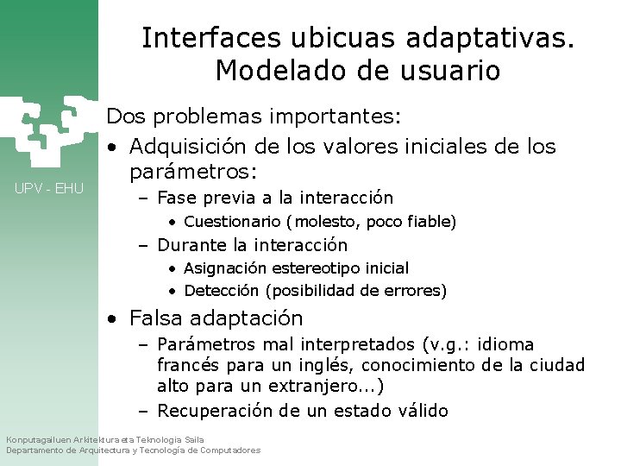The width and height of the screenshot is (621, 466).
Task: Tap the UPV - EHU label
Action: coord(49,188)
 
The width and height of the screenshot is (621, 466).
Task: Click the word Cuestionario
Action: coord(233,222)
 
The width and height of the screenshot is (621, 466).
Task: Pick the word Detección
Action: coord(222,291)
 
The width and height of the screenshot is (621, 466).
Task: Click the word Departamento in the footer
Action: coord(36,450)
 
